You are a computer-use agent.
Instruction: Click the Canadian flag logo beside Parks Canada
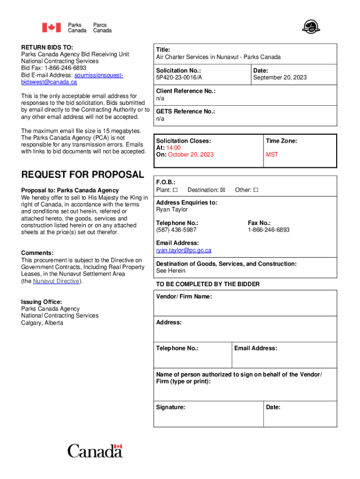[x=51, y=28]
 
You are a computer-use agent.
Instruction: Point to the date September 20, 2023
[x=280, y=78]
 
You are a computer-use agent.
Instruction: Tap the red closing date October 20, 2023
[x=191, y=155]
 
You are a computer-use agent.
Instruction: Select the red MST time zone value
[x=272, y=155]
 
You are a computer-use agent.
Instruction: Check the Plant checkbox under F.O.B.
[x=175, y=190]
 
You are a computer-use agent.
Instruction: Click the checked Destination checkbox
[x=223, y=190]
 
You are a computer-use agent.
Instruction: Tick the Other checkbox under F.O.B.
[x=256, y=190]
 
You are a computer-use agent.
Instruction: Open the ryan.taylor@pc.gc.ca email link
[x=184, y=250]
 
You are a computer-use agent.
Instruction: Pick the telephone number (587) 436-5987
[x=176, y=230]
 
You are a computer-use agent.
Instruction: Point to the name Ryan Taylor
[x=172, y=210]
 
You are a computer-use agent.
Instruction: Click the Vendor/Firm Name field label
[x=184, y=297]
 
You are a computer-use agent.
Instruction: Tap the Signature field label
[x=171, y=407]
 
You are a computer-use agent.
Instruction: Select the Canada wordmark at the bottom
[x=95, y=451]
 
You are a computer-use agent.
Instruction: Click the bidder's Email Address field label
[x=256, y=348]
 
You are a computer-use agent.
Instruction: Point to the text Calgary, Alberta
[x=42, y=323]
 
